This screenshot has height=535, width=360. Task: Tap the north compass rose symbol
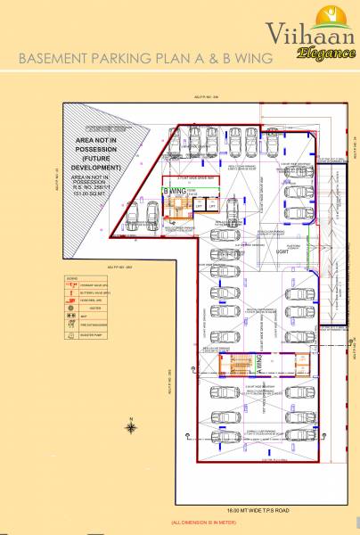pos(132,426)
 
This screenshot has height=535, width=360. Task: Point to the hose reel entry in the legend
pos(99,301)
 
